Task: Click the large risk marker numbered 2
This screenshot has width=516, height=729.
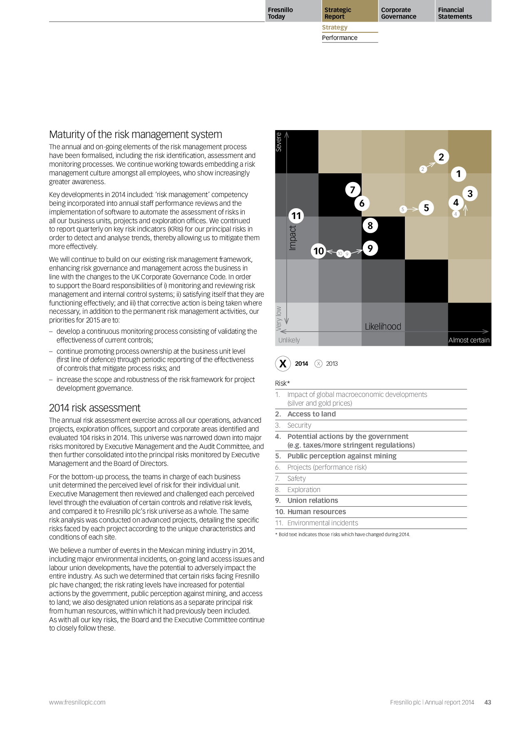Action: (441, 157)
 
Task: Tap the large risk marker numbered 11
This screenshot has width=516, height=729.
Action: (296, 216)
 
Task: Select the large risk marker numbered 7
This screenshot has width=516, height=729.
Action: (352, 190)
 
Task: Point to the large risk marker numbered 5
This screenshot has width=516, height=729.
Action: (426, 208)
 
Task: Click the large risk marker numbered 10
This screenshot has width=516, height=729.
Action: (318, 251)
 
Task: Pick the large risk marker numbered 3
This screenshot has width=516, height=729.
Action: (470, 194)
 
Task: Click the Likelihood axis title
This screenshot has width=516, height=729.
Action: (383, 327)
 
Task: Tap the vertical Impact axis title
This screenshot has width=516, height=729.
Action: (293, 237)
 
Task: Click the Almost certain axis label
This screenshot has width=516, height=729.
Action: (469, 340)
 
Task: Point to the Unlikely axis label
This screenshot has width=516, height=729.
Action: (289, 340)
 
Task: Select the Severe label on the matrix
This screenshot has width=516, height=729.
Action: (279, 142)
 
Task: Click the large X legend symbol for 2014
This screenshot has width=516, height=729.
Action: (283, 364)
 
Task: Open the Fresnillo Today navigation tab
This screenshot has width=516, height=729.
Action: (280, 13)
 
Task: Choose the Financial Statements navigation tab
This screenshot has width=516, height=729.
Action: (455, 13)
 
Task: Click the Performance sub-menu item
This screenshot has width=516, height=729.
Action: (340, 38)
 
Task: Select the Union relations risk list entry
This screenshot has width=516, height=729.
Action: (313, 500)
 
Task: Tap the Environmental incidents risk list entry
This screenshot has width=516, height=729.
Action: (322, 523)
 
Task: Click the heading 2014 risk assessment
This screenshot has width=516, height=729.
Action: (95, 408)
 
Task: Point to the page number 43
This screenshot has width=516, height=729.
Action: (488, 702)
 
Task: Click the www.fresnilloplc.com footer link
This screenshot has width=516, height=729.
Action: (77, 702)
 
